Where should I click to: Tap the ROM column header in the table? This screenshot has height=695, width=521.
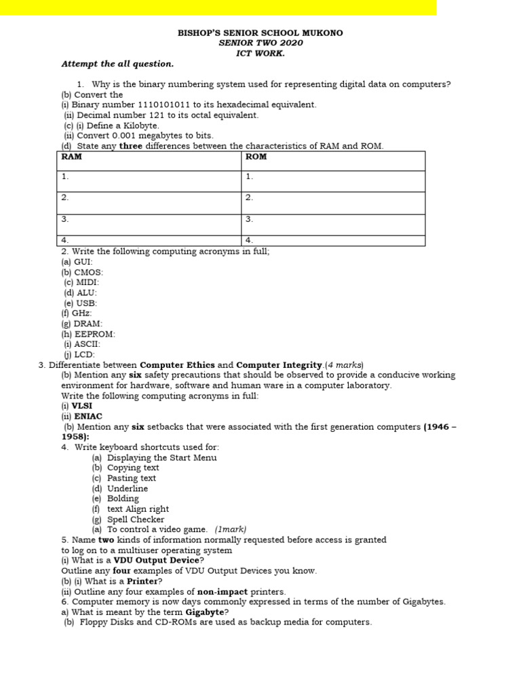[x=256, y=157]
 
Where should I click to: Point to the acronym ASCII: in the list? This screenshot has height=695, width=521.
[x=87, y=344]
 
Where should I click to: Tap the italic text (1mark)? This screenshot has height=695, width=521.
[x=231, y=529]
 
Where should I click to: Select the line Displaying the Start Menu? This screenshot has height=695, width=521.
[x=162, y=457]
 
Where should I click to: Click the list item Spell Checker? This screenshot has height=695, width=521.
[x=136, y=519]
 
